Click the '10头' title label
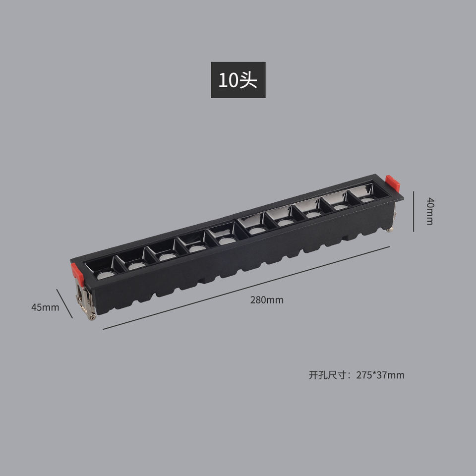coord(238,80)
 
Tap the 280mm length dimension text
coord(267,300)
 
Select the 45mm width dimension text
coord(45,307)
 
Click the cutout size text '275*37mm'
coord(380,375)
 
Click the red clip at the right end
coord(393,183)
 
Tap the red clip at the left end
coord(77,274)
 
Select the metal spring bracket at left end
coord(85,299)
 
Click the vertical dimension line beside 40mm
coord(414,211)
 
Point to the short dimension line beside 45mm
coord(64,303)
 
